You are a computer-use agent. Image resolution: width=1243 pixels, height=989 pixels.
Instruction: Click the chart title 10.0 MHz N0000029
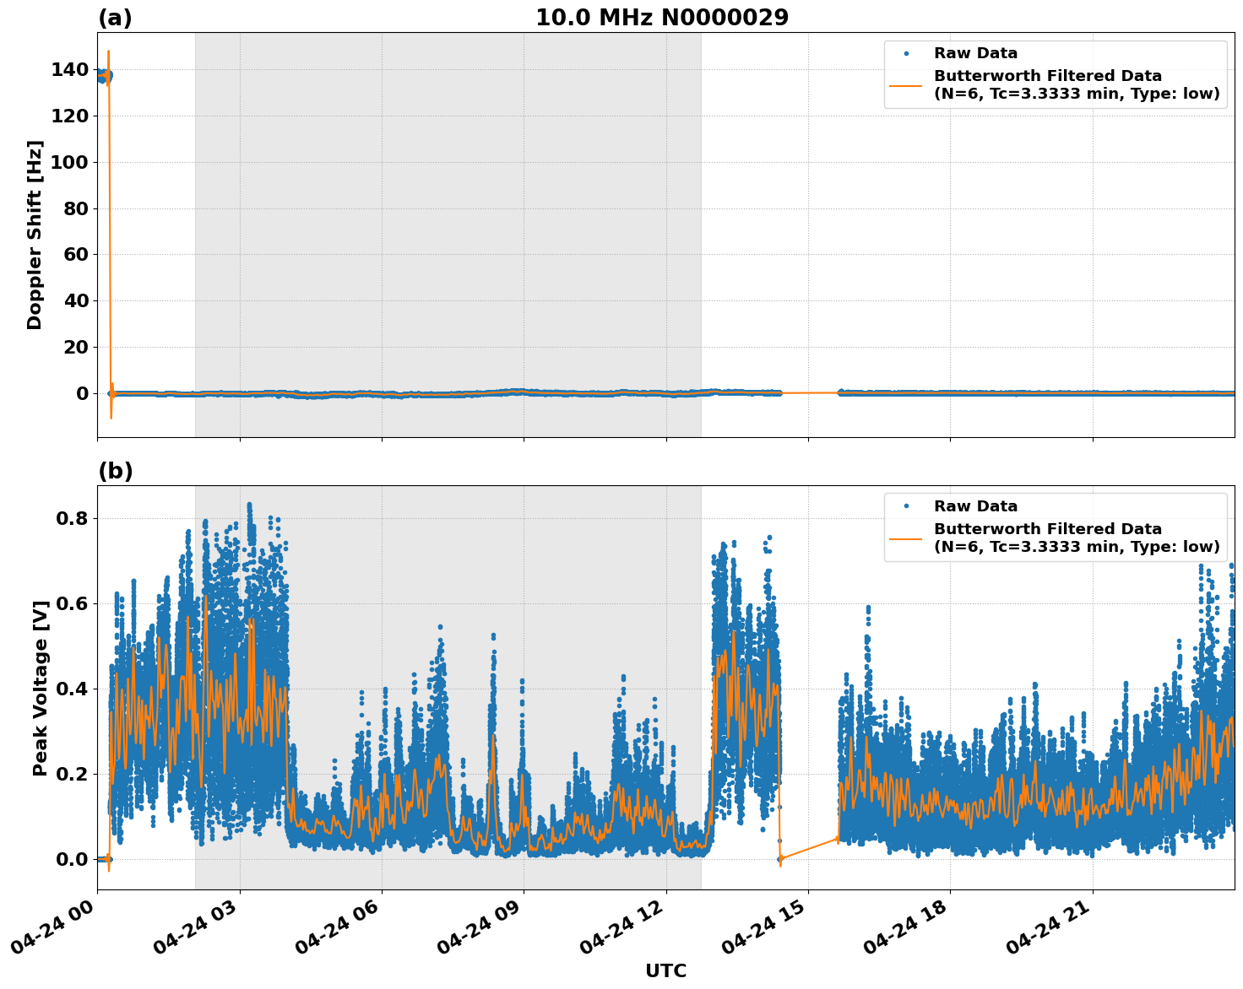[661, 18]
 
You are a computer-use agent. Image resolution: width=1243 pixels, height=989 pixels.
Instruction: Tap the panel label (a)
[115, 18]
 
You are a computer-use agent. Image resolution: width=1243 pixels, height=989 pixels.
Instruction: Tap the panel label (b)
[115, 471]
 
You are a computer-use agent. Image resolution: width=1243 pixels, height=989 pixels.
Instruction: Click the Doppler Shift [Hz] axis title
[35, 235]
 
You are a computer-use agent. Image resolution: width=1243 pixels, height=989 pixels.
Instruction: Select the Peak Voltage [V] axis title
[40, 688]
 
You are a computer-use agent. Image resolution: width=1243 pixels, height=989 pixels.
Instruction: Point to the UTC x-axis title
[665, 970]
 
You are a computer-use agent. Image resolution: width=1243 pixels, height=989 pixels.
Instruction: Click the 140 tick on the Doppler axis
[69, 70]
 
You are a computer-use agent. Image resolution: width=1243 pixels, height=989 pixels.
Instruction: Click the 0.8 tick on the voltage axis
[71, 518]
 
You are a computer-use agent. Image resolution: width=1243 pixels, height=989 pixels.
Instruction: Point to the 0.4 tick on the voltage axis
[71, 689]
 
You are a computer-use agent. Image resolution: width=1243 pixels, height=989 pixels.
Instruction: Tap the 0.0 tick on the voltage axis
[71, 859]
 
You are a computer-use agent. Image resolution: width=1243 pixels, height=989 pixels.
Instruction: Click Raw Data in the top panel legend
[975, 53]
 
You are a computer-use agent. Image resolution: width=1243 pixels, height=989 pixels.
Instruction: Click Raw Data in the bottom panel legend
[975, 506]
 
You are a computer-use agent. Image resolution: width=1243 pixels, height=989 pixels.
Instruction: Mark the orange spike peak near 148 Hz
[108, 51]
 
